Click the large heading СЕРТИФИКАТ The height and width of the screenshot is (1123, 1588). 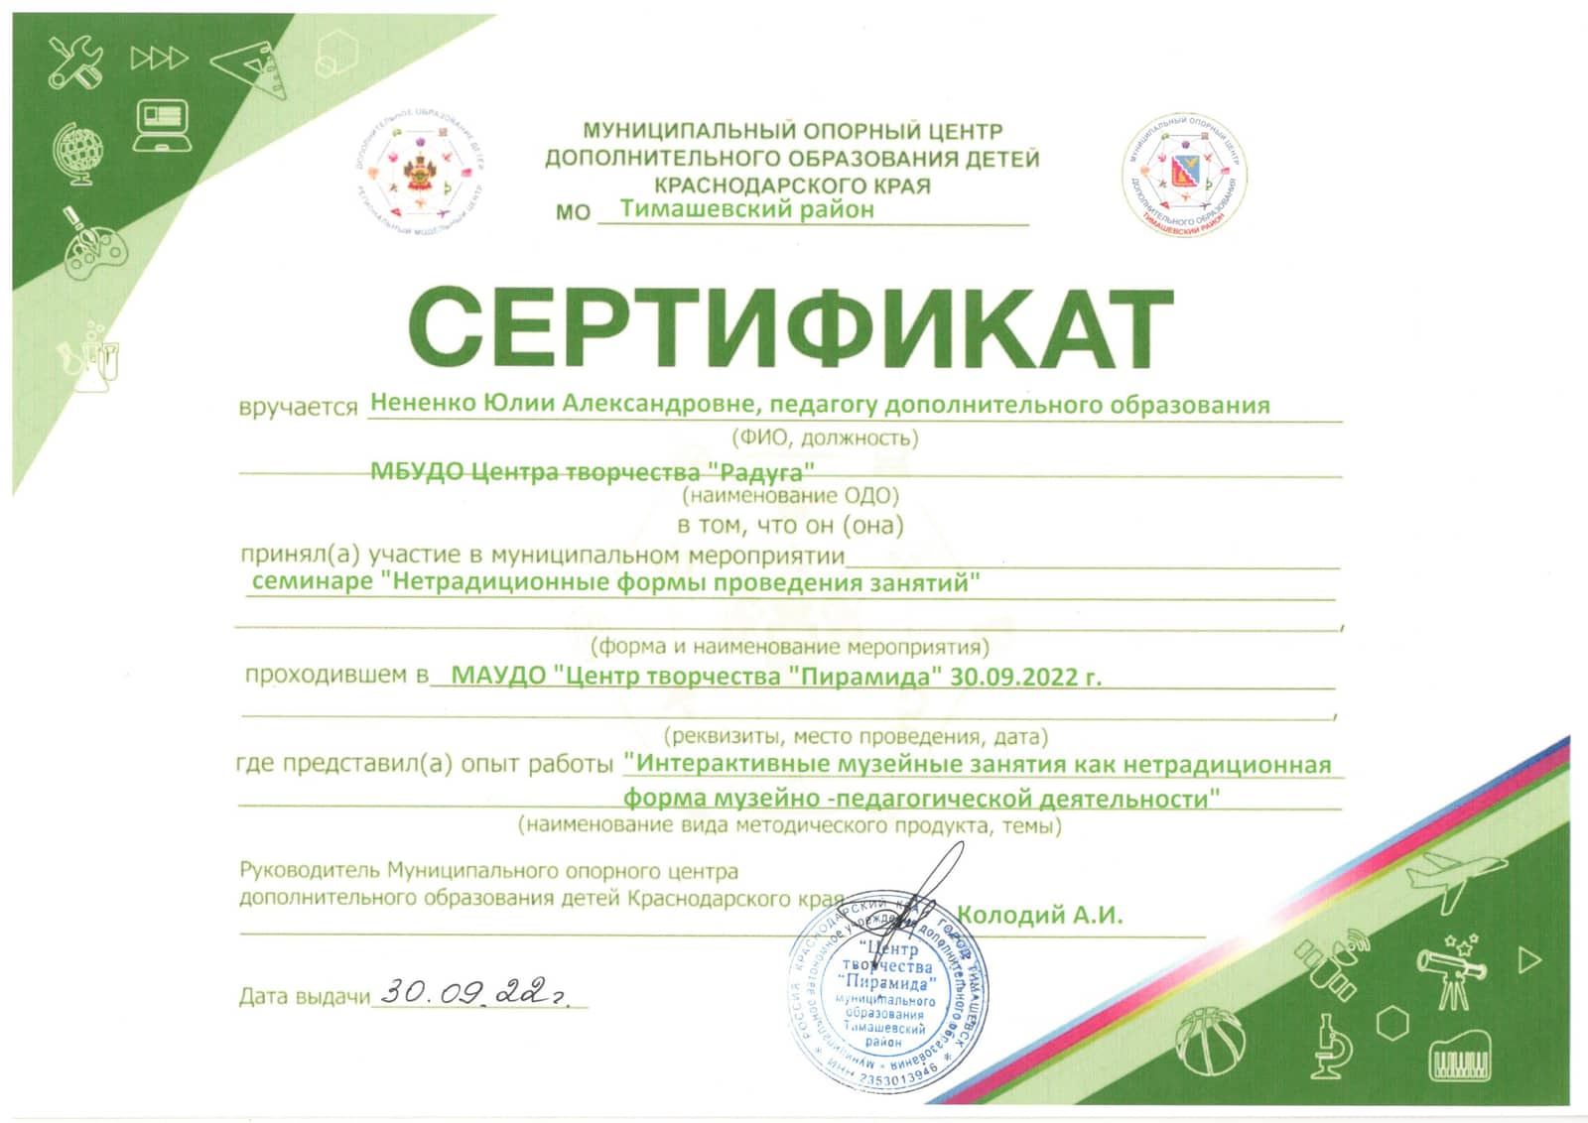click(790, 327)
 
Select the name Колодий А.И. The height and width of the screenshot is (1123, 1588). click(1039, 915)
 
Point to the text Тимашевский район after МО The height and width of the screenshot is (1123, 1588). click(746, 209)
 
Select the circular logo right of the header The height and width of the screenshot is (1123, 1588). click(1184, 173)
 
